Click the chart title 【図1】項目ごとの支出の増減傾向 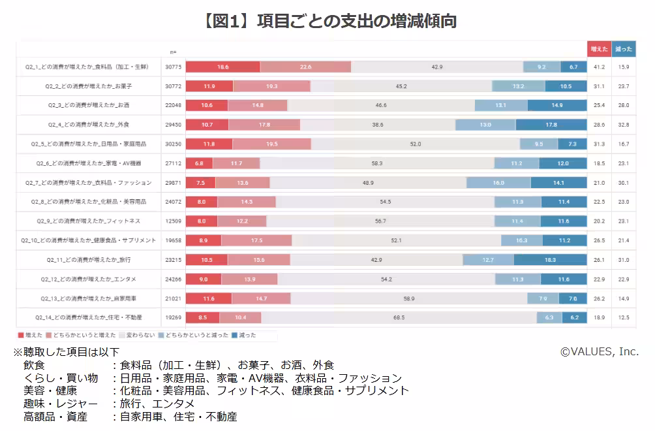pos(328,22)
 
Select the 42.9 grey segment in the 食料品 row pos(436,67)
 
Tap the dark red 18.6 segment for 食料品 pos(223,67)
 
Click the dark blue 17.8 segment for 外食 pos(551,124)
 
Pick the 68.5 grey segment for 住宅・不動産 pos(399,317)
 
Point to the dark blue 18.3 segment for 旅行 pos(550,259)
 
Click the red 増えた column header pos(599,49)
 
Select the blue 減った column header pos(624,49)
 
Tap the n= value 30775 pos(173,67)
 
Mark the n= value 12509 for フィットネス pos(173,221)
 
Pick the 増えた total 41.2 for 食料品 pos(599,67)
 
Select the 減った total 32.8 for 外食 pos(624,124)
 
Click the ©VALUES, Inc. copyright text pos(599,351)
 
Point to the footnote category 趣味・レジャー pos(60,404)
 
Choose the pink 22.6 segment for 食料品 pos(305,67)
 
